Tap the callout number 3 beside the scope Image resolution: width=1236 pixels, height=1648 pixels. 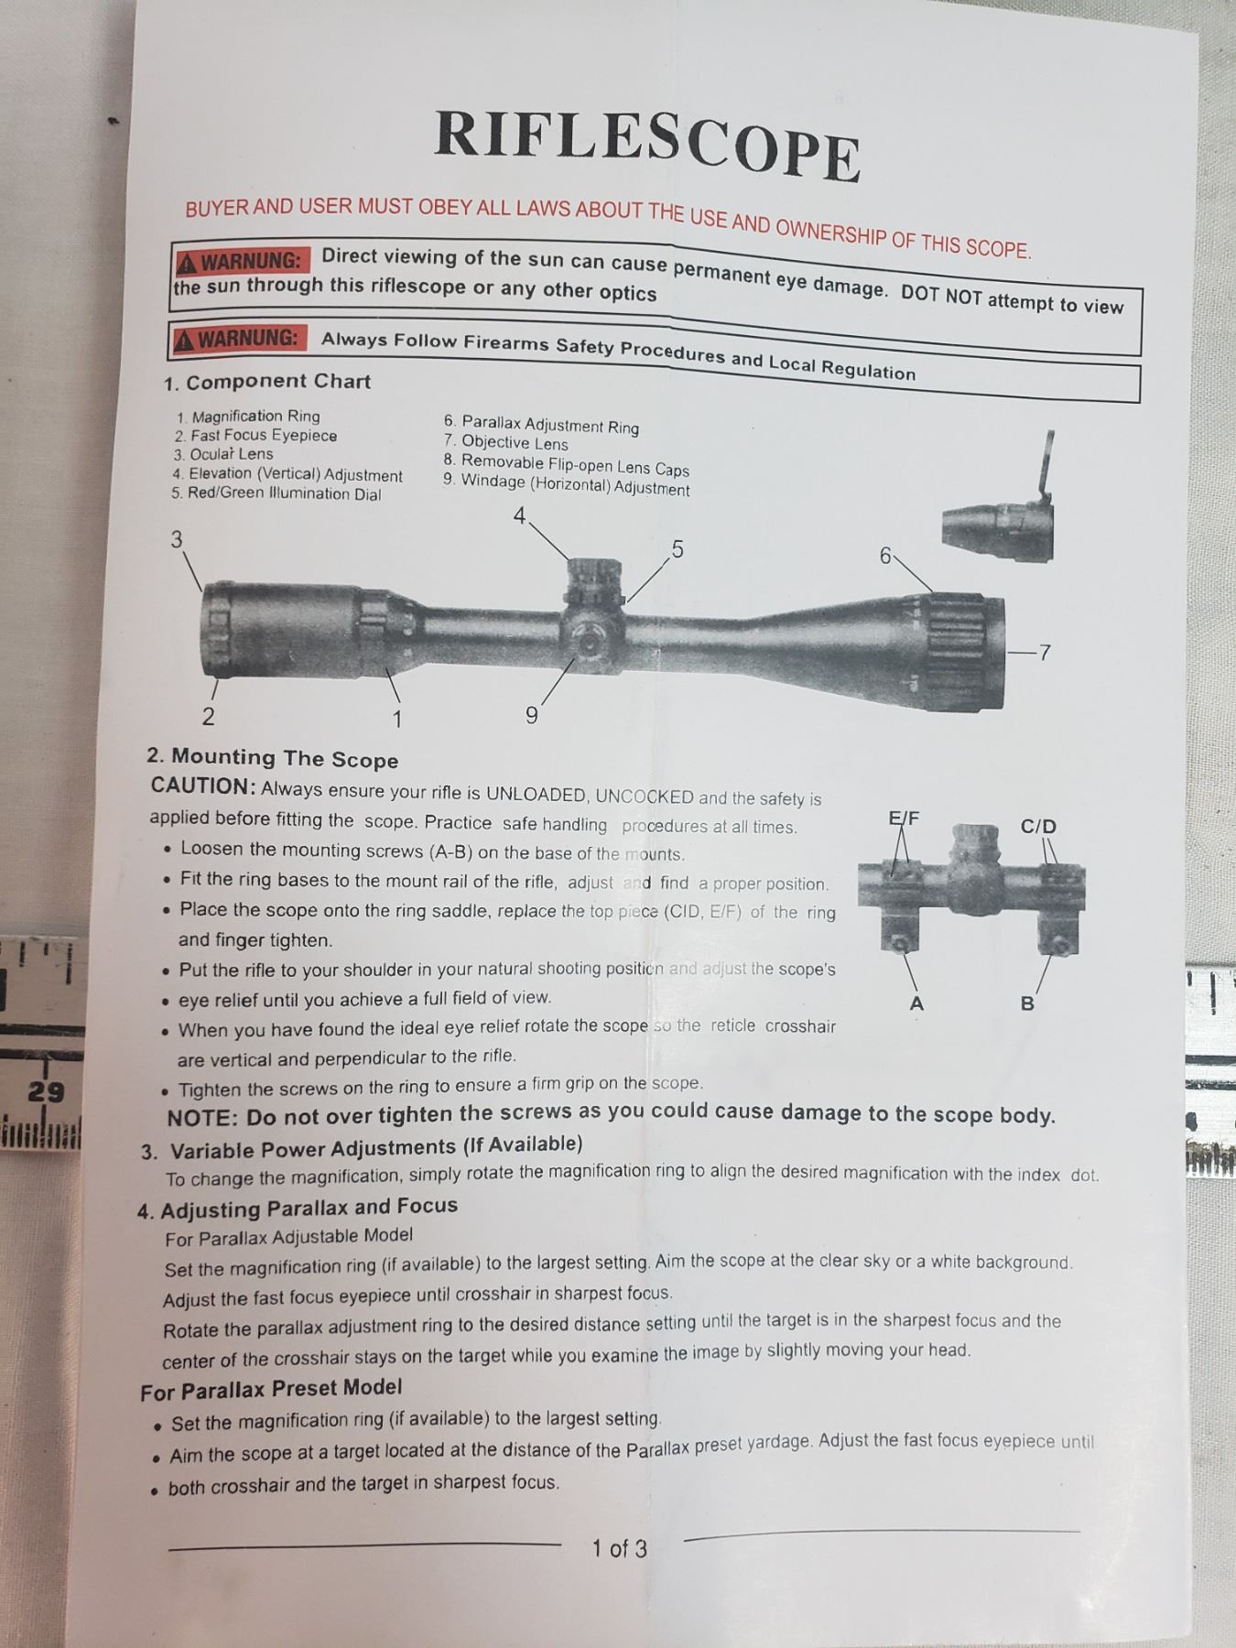177,539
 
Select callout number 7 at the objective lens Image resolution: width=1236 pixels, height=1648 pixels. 1045,653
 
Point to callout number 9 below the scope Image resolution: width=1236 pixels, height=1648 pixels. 531,715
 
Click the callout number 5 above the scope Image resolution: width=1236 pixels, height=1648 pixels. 678,549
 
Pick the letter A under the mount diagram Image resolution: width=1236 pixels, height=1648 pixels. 916,1003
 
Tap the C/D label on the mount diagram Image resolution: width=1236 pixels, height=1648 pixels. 1038,827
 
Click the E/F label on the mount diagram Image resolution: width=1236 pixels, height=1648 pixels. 904,818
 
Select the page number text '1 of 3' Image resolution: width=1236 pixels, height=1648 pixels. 619,1548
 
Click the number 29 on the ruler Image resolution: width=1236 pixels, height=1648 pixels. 46,1092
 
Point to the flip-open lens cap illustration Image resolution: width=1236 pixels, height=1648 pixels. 1000,514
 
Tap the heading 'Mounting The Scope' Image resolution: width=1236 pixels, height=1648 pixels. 285,758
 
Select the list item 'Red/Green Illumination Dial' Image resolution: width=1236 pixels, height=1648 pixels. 284,493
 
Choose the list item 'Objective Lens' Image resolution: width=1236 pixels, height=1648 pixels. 515,443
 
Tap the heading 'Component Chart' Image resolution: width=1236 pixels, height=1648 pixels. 278,382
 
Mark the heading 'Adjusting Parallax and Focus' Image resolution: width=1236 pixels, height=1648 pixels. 309,1209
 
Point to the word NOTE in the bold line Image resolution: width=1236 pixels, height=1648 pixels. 203,1118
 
